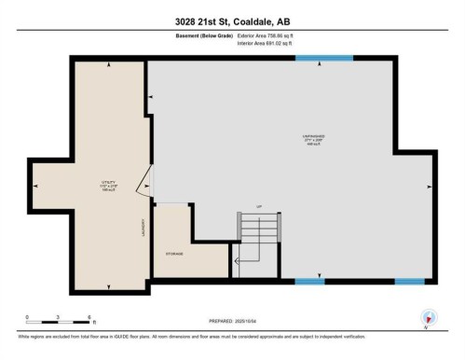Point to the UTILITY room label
tap(109, 183)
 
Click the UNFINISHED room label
tap(312, 136)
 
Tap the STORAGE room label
tap(175, 254)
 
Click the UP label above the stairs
tap(247, 208)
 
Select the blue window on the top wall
tap(324, 59)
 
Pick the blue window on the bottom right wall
tap(410, 281)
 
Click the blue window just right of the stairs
tap(309, 281)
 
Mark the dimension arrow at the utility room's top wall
tap(109, 64)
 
